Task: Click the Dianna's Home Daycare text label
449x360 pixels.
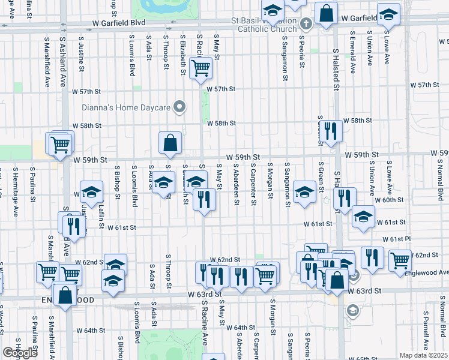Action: (x=125, y=108)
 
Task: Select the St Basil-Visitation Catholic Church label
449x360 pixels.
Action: (x=267, y=25)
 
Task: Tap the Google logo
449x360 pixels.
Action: (x=20, y=353)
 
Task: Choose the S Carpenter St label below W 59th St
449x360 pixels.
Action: (x=254, y=185)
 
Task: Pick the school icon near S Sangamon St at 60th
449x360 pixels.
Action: (x=305, y=192)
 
